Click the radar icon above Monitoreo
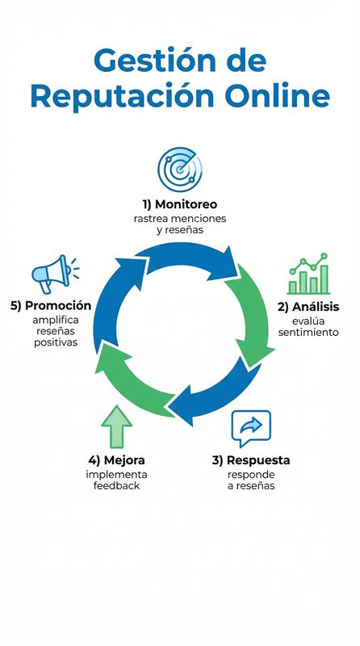coord(180,169)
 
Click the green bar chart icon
coord(308,275)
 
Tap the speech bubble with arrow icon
coord(251,428)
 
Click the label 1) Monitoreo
coord(181,203)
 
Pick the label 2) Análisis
coord(308,306)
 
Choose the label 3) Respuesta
coord(251,459)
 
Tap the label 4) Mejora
coord(117,459)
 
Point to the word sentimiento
coord(308,332)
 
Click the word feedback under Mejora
coord(117,486)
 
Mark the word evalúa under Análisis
coord(308,320)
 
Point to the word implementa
coord(117,474)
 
